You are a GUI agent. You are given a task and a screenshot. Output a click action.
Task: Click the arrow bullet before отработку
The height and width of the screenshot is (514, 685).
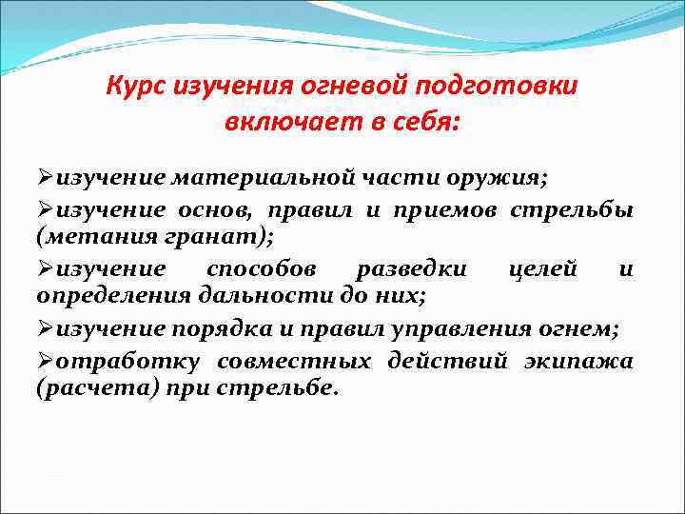click(x=45, y=361)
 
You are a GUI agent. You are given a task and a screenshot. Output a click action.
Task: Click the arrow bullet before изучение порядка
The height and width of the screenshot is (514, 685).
click(x=45, y=328)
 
